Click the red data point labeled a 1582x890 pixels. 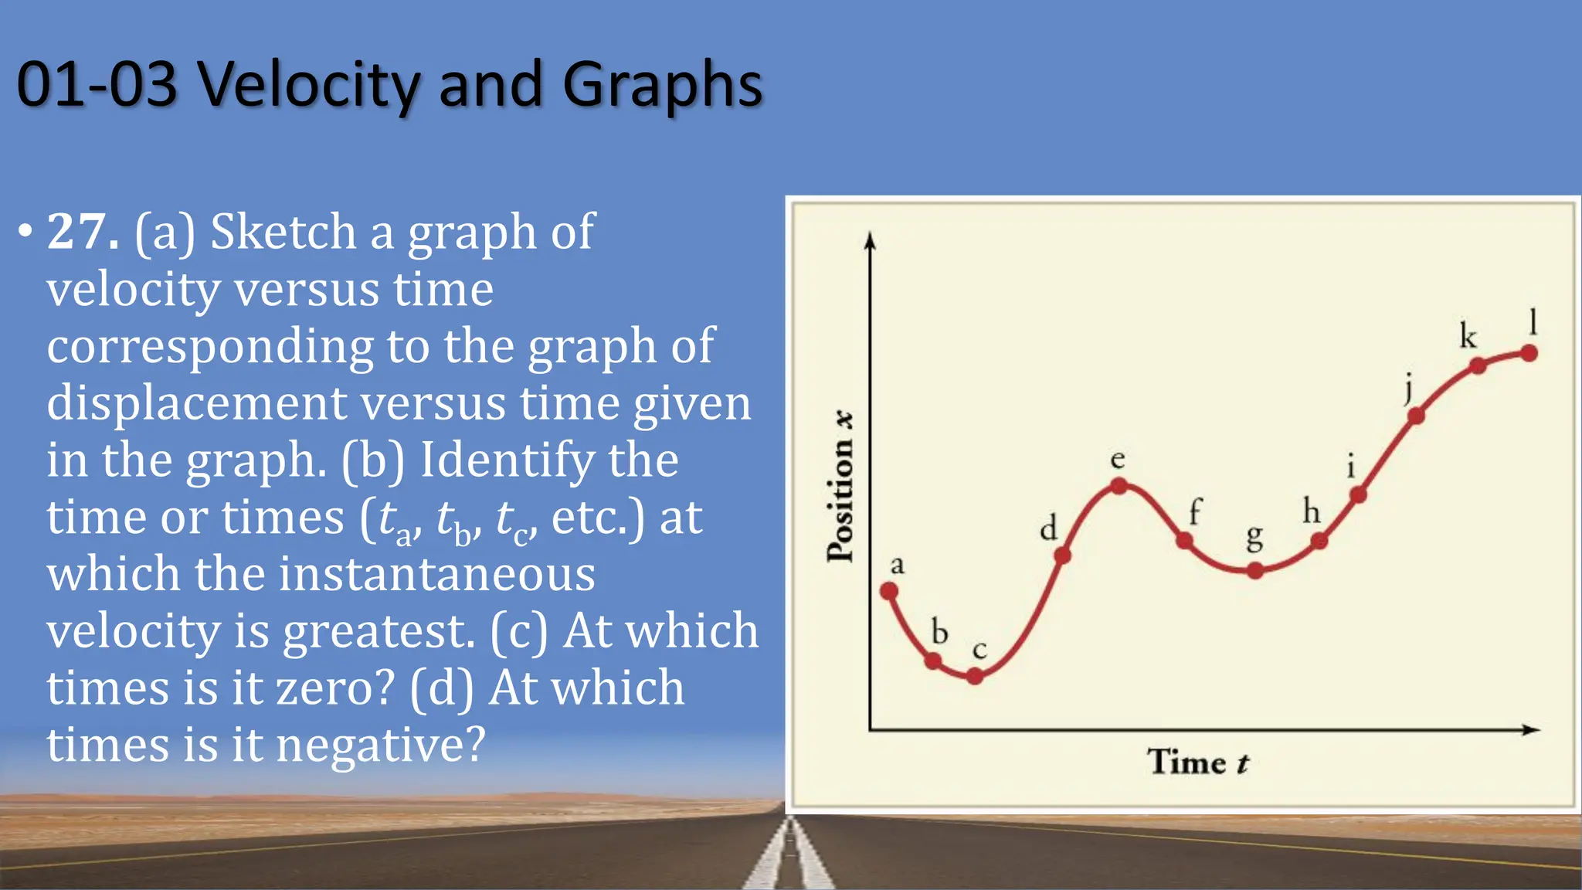pyautogui.click(x=889, y=592)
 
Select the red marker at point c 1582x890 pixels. pyautogui.click(x=975, y=676)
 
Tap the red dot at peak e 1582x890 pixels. pyautogui.click(x=1119, y=486)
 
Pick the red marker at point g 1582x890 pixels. pyautogui.click(x=1255, y=571)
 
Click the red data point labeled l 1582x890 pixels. pyautogui.click(x=1529, y=353)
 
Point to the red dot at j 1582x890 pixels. pyautogui.click(x=1416, y=416)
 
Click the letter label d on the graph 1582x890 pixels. pyautogui.click(x=1048, y=529)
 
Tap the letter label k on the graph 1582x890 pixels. pyautogui.click(x=1468, y=336)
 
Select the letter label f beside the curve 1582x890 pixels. pyautogui.click(x=1195, y=511)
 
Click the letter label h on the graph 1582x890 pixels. pyautogui.click(x=1312, y=511)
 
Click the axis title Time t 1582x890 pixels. pyautogui.click(x=1197, y=762)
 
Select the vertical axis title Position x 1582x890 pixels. pyautogui.click(x=840, y=487)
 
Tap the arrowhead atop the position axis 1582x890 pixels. pyautogui.click(x=871, y=241)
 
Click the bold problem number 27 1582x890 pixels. pyautogui.click(x=83, y=231)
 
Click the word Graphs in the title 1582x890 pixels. pyautogui.click(x=663, y=86)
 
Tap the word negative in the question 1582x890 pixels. pyautogui.click(x=380, y=745)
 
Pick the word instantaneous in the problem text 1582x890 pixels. pyautogui.click(x=436, y=573)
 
